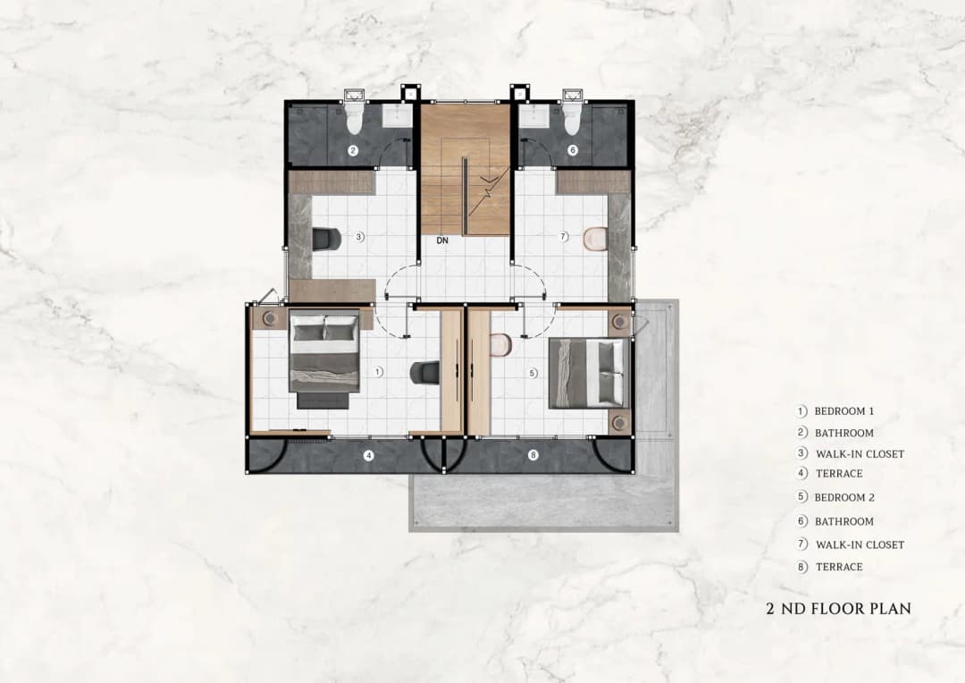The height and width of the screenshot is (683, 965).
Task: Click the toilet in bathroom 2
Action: coord(354,116)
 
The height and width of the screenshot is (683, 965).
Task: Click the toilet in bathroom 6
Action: coord(571,116)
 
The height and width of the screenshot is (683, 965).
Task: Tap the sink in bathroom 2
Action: coord(399,115)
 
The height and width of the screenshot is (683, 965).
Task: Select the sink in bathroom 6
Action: coord(534,115)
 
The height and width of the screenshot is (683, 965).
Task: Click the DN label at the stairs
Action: coord(442,240)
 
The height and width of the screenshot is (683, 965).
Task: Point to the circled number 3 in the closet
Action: coord(360,236)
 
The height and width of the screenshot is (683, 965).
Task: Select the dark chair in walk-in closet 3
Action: coord(326,239)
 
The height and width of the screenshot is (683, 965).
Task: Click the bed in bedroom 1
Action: coord(324,358)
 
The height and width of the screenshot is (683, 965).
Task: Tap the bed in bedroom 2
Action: coord(590,373)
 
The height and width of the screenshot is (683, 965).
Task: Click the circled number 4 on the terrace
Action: coord(369,456)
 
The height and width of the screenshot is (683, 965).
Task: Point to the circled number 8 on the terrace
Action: coord(533,456)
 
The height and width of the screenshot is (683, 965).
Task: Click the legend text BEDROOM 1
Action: coord(843,411)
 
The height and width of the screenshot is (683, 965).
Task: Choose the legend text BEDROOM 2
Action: coord(844,498)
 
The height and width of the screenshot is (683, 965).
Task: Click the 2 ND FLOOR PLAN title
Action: coord(838,609)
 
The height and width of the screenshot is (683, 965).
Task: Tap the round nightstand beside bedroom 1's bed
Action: coord(270,318)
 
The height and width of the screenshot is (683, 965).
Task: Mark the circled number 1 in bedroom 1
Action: coord(379,372)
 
